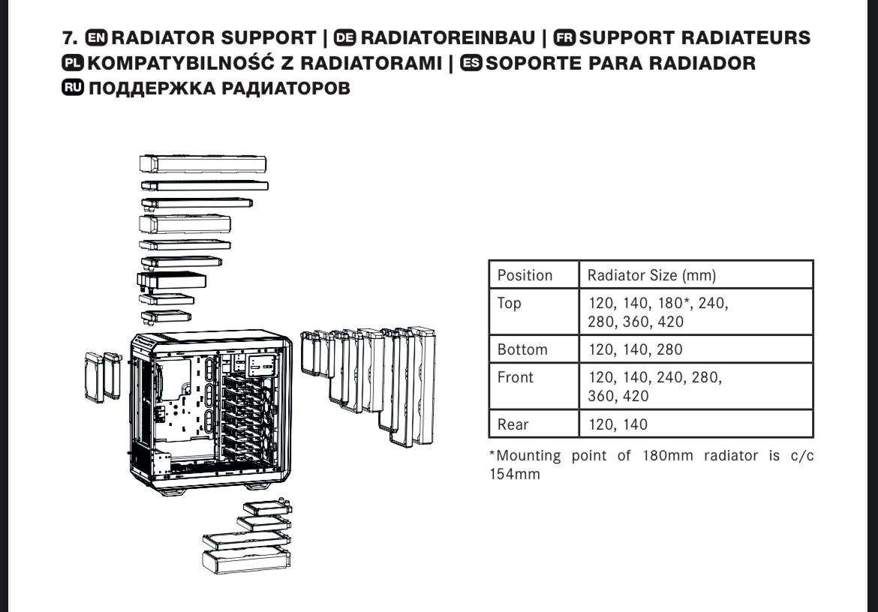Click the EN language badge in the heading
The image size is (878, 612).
98,37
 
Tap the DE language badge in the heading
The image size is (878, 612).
346,37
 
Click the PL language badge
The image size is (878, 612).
74,63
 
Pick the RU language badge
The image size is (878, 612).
74,88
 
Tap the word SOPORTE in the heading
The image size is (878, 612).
533,63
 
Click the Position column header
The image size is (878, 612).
525,275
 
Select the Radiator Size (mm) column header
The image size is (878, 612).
651,275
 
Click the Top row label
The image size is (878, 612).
509,304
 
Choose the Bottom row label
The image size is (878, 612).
522,349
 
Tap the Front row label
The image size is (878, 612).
516,377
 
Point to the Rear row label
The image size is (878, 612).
513,424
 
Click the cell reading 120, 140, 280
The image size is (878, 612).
635,349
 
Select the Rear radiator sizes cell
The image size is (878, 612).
618,424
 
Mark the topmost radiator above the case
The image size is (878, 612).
203,164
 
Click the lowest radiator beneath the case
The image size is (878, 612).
246,560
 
